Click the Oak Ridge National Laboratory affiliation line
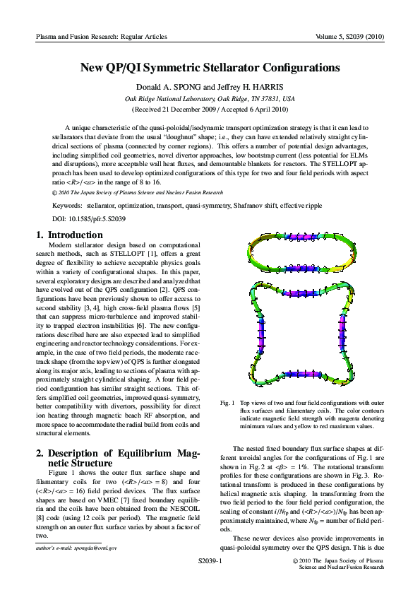coord(210,99)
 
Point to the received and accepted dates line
coord(210,110)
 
